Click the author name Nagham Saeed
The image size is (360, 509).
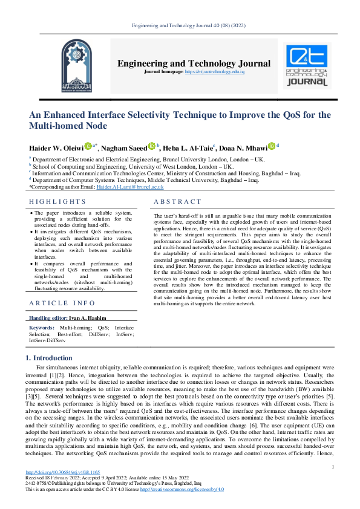tap(124, 148)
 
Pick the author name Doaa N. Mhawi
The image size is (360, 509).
tap(245, 148)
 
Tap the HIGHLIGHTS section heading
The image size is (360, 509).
tap(57, 202)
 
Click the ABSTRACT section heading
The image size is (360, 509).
tap(177, 202)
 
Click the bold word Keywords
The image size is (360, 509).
tap(42, 327)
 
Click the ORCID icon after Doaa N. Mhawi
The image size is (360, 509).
tap(272, 146)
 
